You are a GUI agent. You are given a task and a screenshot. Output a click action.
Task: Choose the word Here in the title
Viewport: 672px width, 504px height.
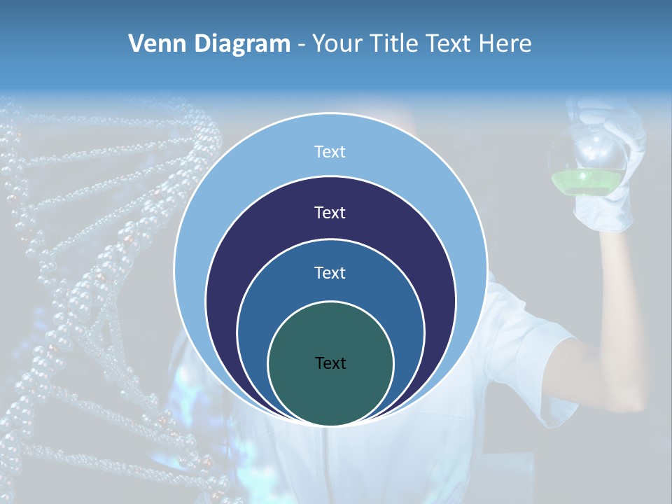click(x=505, y=44)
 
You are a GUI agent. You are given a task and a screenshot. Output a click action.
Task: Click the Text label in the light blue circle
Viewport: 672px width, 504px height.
click(x=330, y=152)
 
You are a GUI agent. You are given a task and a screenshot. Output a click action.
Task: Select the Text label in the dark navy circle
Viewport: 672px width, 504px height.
click(x=330, y=213)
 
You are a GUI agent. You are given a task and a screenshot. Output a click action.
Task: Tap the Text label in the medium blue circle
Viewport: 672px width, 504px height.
click(x=330, y=273)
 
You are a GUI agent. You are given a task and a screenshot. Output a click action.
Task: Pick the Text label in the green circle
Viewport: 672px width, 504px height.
click(x=330, y=363)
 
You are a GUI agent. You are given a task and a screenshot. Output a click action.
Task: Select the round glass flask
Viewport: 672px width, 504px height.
click(x=588, y=157)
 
